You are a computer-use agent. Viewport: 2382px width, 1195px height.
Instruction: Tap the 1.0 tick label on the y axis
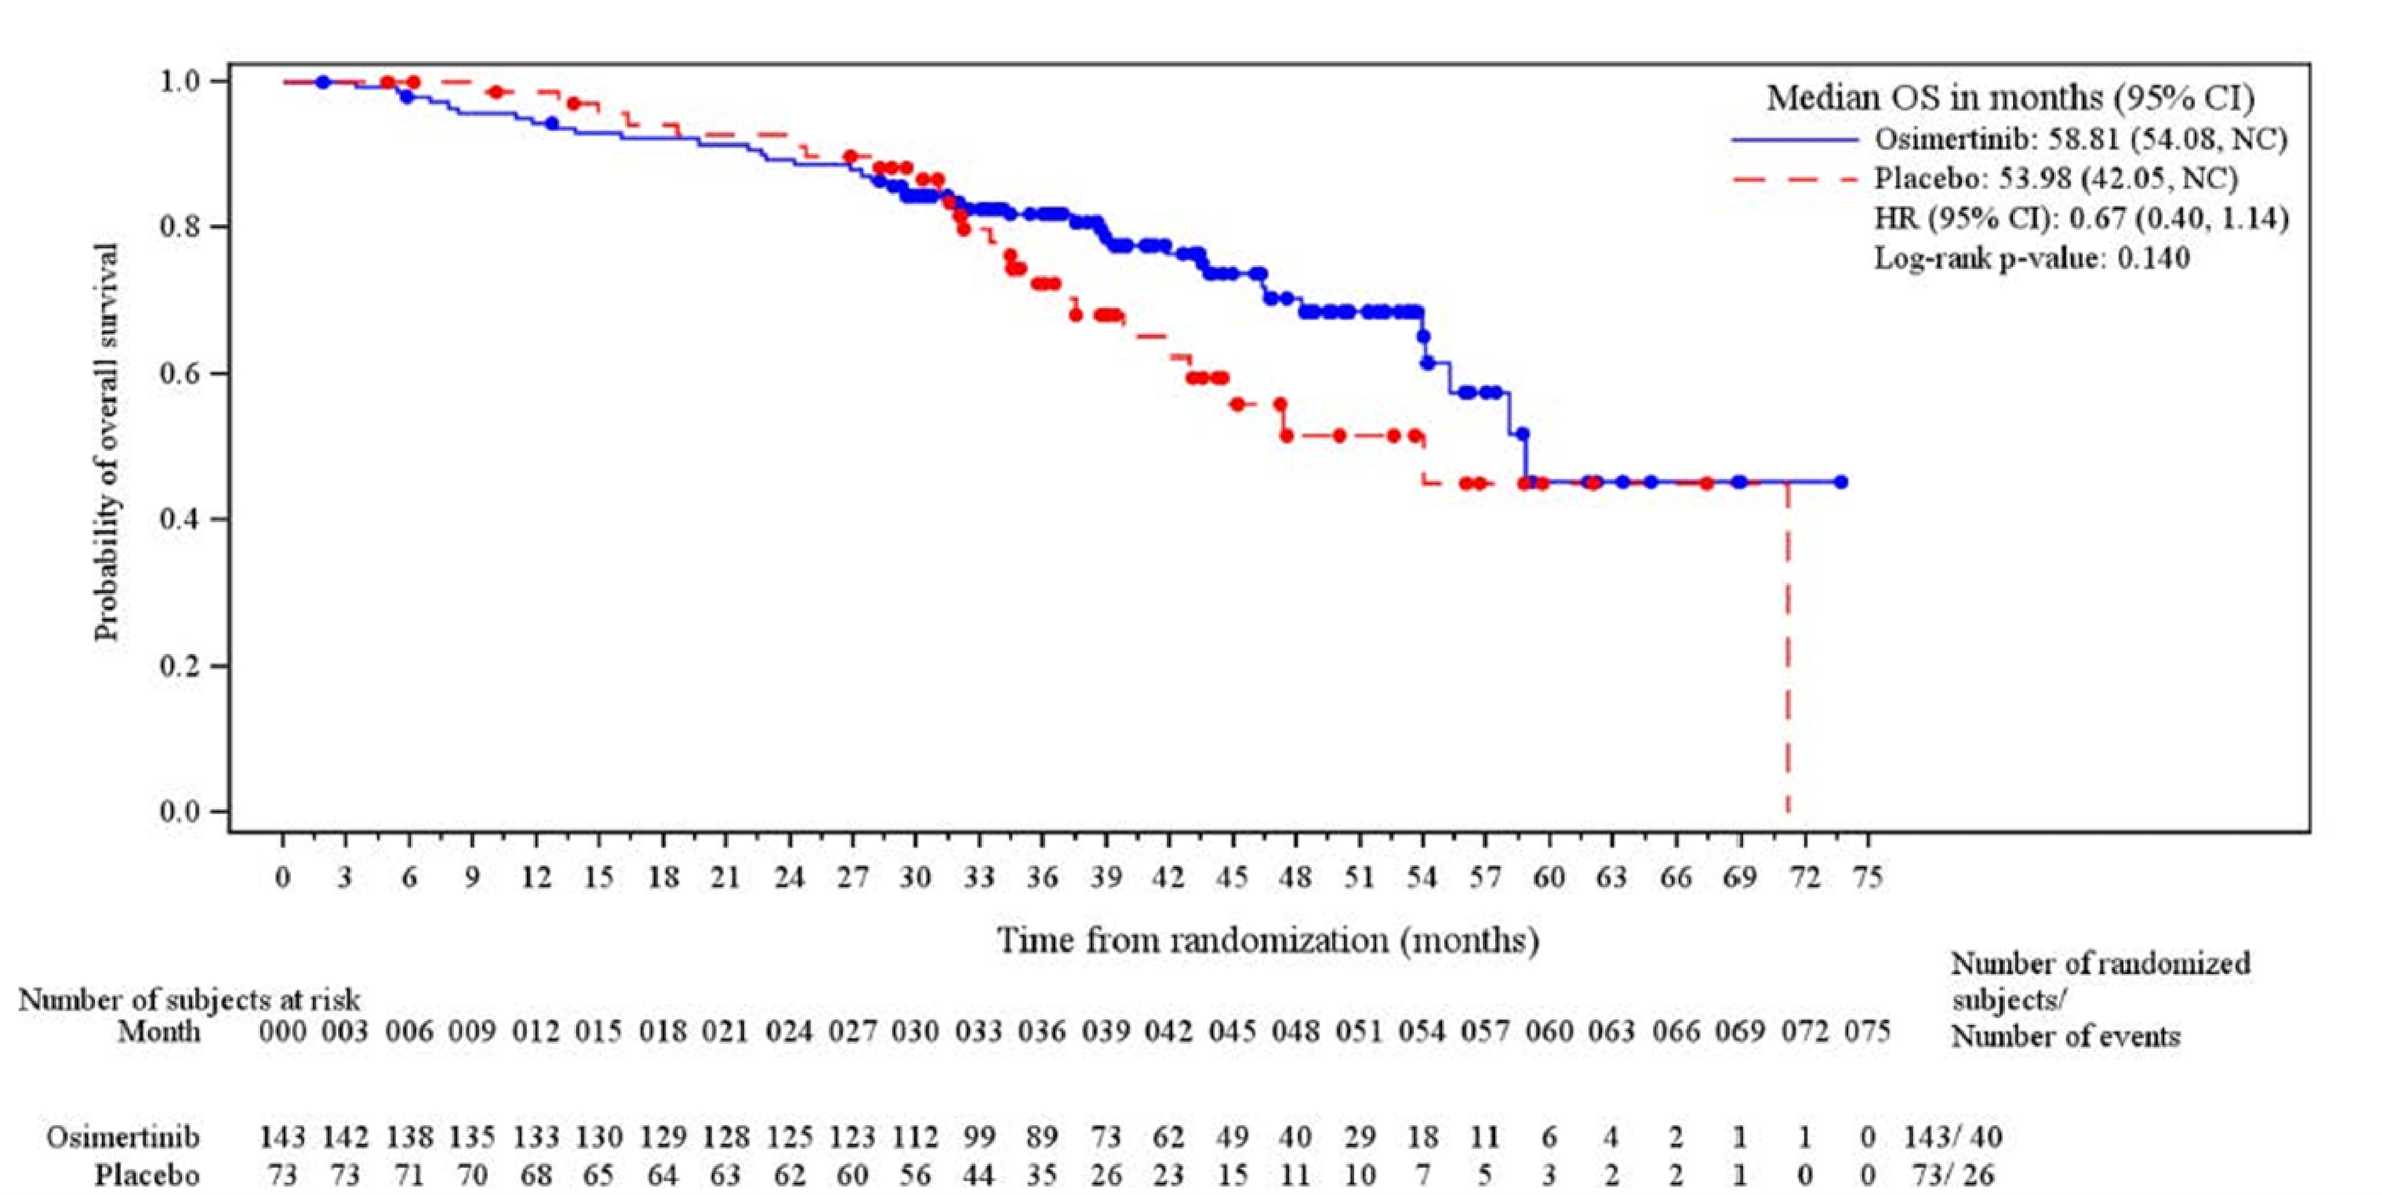tap(181, 82)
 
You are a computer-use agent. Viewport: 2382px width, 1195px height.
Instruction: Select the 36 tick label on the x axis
tap(1042, 877)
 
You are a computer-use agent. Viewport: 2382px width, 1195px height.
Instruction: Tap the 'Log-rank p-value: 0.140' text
tap(2031, 258)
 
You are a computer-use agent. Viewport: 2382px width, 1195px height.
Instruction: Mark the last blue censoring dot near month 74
tap(1840, 482)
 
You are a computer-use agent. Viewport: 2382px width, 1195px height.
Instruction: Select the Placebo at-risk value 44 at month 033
tap(979, 1175)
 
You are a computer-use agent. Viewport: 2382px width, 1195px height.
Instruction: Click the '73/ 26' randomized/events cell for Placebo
tap(1952, 1175)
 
